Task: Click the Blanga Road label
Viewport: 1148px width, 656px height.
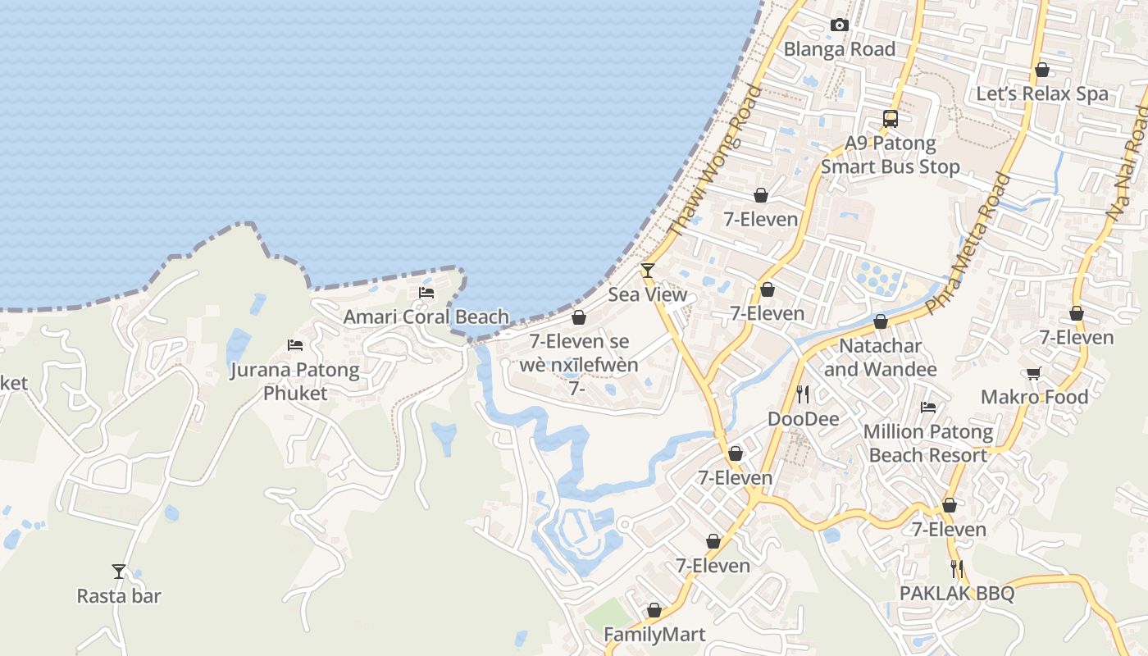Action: (x=839, y=49)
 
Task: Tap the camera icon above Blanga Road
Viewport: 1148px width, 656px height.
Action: (x=839, y=25)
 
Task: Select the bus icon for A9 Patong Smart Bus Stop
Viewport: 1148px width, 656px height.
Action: (x=891, y=118)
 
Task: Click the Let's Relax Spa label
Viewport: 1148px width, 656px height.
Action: (x=1041, y=93)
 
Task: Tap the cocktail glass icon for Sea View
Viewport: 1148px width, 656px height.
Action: (x=648, y=270)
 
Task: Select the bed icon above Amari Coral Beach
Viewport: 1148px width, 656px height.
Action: (x=426, y=292)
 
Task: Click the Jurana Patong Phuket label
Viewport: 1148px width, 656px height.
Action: (x=295, y=381)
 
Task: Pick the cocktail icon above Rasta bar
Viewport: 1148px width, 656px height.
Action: (x=119, y=571)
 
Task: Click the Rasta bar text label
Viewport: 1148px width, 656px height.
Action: (x=119, y=596)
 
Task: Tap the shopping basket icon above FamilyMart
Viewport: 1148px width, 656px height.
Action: (x=654, y=610)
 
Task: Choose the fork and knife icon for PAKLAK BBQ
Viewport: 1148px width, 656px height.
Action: (x=956, y=568)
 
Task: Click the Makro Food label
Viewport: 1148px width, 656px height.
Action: (x=1034, y=398)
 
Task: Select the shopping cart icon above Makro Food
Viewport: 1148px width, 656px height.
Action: (x=1034, y=373)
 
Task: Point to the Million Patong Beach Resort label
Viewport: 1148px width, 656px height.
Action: (x=928, y=443)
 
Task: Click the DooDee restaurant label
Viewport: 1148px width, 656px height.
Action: (x=803, y=419)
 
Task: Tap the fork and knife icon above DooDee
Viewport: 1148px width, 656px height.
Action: (x=803, y=394)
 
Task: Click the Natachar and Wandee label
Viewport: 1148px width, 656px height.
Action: (x=880, y=358)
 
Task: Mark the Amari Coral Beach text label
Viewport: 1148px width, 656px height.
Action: (x=426, y=317)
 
